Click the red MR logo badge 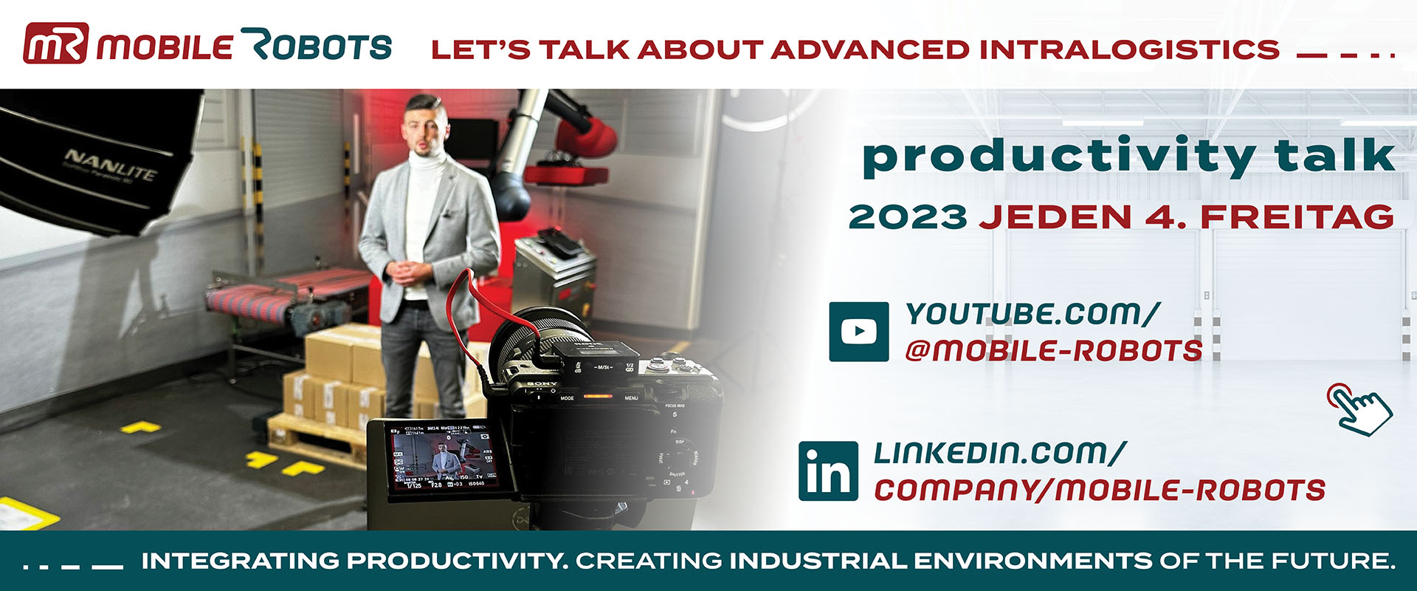56,44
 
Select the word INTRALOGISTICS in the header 1129,50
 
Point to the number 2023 907,217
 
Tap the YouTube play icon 858,332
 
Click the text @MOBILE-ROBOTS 1053,351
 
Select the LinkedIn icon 828,471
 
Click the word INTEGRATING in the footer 241,561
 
